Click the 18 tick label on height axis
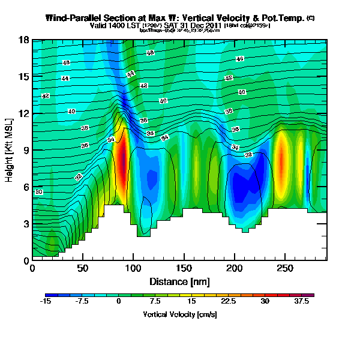pyautogui.click(x=24, y=40)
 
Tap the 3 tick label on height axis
pyautogui.click(x=25, y=224)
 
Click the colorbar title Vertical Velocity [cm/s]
pyautogui.click(x=179, y=314)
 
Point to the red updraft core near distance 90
pyautogui.click(x=122, y=159)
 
